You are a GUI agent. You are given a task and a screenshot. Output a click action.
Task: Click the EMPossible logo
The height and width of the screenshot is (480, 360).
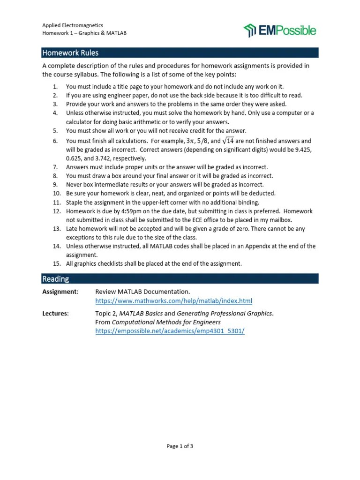280,30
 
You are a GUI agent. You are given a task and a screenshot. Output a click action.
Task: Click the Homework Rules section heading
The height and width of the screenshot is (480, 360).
70,52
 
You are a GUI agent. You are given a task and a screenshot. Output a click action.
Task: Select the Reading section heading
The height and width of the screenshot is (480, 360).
55,279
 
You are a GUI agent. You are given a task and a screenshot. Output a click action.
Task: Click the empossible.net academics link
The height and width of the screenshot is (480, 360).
170,330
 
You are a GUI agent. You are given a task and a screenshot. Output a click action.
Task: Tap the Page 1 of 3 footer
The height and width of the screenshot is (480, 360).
180,446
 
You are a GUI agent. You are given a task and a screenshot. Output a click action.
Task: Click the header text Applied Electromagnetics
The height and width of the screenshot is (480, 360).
73,25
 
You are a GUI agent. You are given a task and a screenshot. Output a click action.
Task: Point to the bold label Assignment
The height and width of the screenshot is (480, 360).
60,292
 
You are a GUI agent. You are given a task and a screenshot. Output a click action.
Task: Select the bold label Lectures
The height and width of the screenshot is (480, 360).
55,314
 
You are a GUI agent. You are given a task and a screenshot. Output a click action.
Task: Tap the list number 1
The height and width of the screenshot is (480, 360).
55,87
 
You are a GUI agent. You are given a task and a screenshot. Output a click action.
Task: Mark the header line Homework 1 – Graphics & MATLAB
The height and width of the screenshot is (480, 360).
84,33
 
